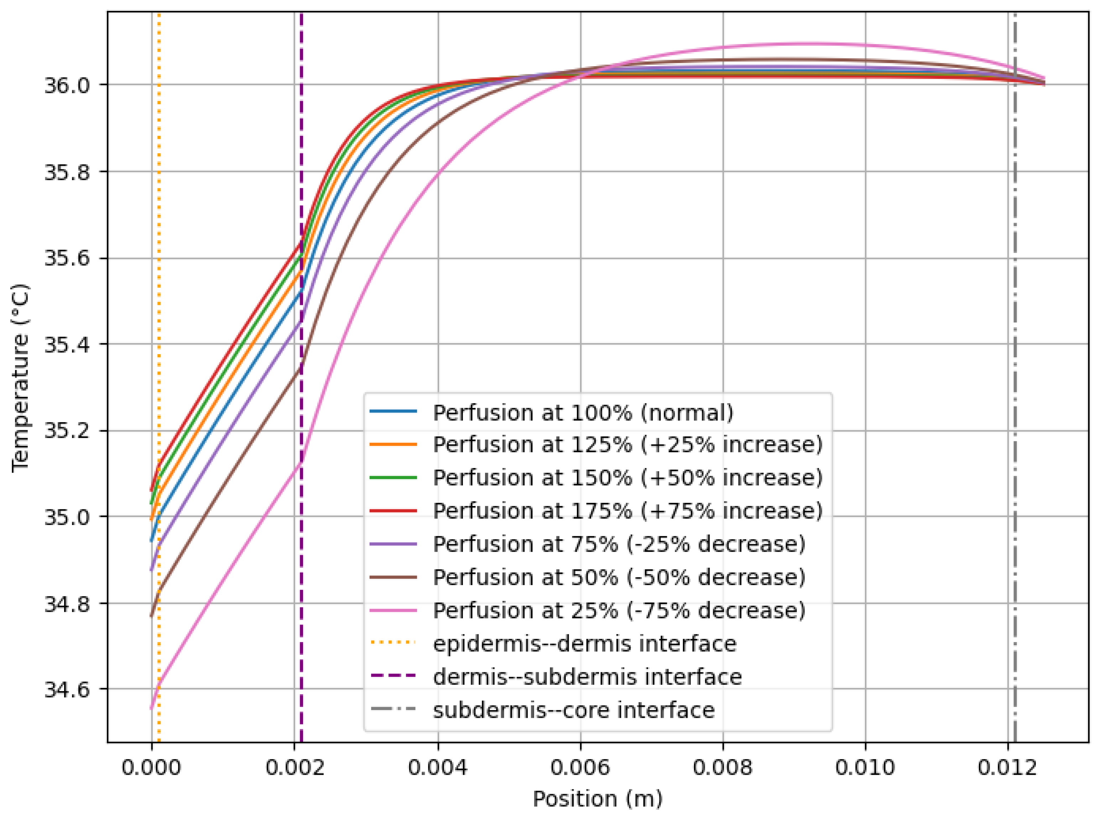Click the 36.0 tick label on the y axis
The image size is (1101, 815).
point(67,85)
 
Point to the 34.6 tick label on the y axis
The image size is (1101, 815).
point(67,690)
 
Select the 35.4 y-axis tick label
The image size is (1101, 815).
point(67,345)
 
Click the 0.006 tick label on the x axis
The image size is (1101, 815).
point(580,768)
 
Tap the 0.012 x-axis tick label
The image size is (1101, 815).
point(1008,768)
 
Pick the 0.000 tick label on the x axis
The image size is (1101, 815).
point(151,768)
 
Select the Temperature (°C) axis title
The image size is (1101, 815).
point(21,378)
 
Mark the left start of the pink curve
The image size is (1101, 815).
point(151,709)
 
